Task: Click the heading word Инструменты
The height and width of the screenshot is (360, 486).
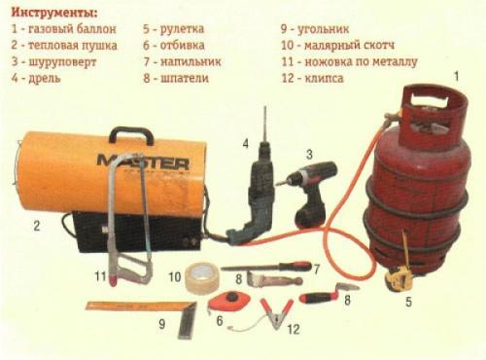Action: click(50, 14)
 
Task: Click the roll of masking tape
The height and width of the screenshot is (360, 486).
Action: click(199, 276)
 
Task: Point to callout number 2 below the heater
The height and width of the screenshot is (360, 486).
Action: click(36, 227)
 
